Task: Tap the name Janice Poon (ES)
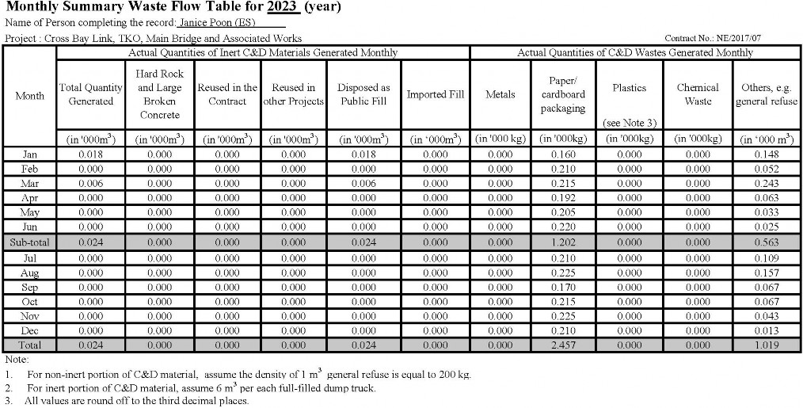click(210, 23)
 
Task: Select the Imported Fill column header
click(435, 94)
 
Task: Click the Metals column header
click(500, 94)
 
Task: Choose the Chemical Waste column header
click(698, 94)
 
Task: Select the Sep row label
click(29, 287)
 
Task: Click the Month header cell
click(29, 95)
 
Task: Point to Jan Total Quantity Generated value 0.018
click(90, 155)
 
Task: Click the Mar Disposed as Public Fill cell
click(363, 184)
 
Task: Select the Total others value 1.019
click(767, 345)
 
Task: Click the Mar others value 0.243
click(767, 184)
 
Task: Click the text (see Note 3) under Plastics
click(629, 124)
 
